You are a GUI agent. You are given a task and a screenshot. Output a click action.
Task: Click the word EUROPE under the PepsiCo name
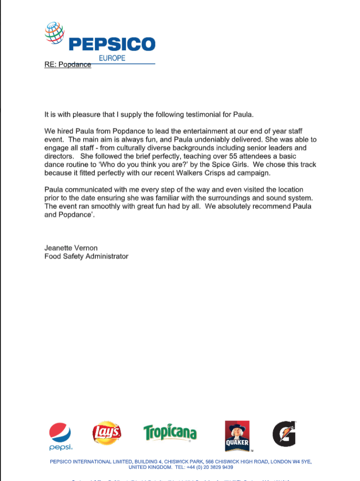pos(112,58)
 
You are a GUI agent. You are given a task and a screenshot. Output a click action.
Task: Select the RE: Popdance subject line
pos(68,65)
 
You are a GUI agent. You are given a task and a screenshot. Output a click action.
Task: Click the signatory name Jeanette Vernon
pos(71,248)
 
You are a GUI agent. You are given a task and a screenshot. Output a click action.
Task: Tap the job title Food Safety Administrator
pos(86,256)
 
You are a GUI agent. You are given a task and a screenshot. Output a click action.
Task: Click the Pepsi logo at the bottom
pos(60,436)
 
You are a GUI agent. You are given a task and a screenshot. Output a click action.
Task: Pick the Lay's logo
pos(107,433)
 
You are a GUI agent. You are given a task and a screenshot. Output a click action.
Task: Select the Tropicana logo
pos(170,433)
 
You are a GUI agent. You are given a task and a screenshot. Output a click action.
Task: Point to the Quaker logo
pos(237,435)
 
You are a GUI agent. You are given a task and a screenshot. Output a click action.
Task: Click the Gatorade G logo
pos(284,434)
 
